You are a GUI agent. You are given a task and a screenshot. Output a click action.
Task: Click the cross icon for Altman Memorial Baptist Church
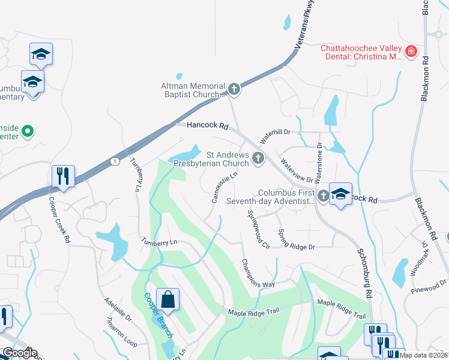pos(234,89)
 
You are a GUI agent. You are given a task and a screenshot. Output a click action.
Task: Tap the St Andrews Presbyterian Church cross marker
pos(258,158)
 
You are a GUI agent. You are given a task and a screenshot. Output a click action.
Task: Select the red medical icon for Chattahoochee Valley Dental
pos(411,52)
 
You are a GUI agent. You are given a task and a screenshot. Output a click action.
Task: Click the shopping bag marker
pos(168,299)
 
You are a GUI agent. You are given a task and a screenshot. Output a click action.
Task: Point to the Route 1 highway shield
pos(114,161)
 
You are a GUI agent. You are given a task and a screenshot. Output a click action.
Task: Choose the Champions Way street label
pos(258,273)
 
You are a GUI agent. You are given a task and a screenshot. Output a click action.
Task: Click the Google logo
pos(20,353)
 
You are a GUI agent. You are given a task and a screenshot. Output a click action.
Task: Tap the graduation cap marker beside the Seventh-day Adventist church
pos(340,194)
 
